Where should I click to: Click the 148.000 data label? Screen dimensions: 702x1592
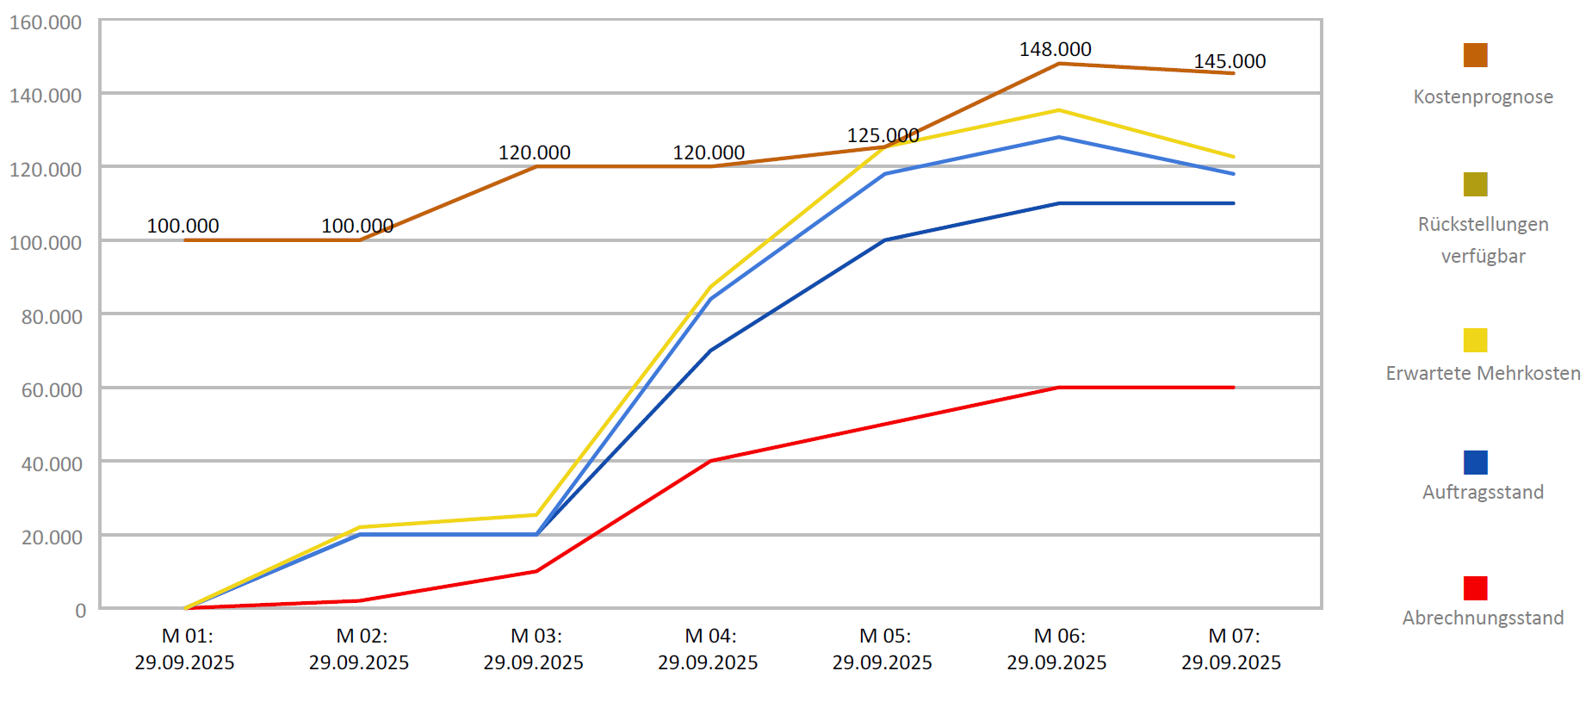click(1055, 49)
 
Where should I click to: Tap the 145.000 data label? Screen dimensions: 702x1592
click(1230, 61)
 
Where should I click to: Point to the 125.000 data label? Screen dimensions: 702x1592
click(883, 135)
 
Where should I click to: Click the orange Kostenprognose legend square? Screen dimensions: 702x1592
click(1475, 55)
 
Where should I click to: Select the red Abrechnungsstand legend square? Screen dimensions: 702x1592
click(1475, 588)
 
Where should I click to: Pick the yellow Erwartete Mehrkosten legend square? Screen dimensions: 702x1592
click(1475, 340)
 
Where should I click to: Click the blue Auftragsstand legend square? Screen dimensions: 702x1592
click(1475, 463)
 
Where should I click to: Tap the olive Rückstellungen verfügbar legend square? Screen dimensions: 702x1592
click(1475, 184)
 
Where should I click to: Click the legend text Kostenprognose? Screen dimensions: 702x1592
click(1483, 96)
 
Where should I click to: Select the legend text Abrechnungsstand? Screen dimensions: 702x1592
click(1483, 618)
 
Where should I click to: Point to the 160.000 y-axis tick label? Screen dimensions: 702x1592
click(46, 22)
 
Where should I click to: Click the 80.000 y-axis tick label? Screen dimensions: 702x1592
click(52, 317)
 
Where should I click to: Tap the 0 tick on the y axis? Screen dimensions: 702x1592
click(80, 611)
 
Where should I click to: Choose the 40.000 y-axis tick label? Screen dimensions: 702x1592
click(52, 464)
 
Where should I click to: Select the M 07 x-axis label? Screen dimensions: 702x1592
click(1231, 649)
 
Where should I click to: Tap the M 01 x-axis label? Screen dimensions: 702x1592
click(185, 649)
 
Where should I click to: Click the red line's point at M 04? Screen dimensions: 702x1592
click(710, 461)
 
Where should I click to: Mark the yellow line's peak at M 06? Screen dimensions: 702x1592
click(1059, 110)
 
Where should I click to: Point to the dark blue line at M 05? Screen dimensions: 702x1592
click(885, 240)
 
